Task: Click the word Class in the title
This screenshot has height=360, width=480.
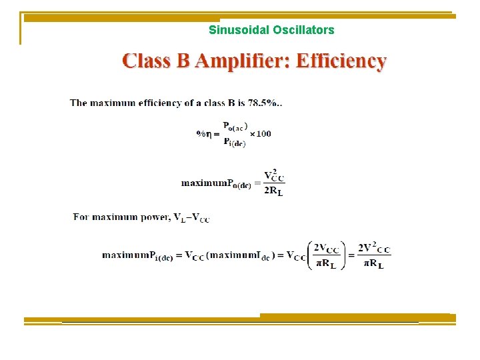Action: coord(146,62)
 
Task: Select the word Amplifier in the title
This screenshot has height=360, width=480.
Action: coord(233,62)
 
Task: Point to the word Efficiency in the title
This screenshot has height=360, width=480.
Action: coord(341,62)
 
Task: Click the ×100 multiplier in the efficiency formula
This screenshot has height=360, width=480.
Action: coord(260,133)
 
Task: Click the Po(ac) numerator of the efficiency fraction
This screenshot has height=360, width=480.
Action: coord(235,126)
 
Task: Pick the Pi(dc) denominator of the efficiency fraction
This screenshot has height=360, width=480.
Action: coord(234,142)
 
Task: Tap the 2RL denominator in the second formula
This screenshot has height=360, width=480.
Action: coord(273,191)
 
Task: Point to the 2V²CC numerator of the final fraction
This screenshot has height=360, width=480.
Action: coord(374,248)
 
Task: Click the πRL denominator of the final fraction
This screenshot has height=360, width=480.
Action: coord(373,264)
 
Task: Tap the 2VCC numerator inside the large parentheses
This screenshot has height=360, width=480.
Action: coord(327,248)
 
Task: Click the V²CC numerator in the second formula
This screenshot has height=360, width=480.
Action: coord(274,176)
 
